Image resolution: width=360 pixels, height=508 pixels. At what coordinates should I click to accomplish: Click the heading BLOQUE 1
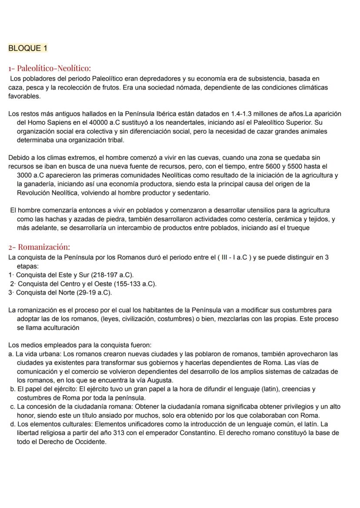click(27, 48)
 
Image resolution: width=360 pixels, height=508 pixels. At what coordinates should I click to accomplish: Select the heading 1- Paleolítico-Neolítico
click(50, 68)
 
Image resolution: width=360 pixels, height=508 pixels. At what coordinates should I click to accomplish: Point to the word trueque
click(297, 228)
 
